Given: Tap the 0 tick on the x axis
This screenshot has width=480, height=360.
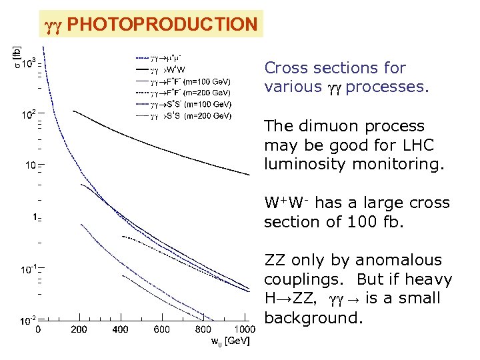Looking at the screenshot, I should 38,329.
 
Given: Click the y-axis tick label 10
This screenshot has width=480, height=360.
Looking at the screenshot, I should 30,165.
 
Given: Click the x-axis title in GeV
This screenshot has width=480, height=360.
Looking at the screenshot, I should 230,342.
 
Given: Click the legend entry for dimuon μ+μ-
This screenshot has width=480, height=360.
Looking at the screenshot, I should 167,59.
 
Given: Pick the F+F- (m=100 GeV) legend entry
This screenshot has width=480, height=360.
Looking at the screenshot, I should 191,81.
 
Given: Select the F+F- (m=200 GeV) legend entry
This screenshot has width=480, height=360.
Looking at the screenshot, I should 191,93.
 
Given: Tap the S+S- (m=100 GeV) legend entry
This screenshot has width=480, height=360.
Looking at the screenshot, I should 191,104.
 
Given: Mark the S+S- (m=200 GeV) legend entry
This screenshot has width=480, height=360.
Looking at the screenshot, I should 191,116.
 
